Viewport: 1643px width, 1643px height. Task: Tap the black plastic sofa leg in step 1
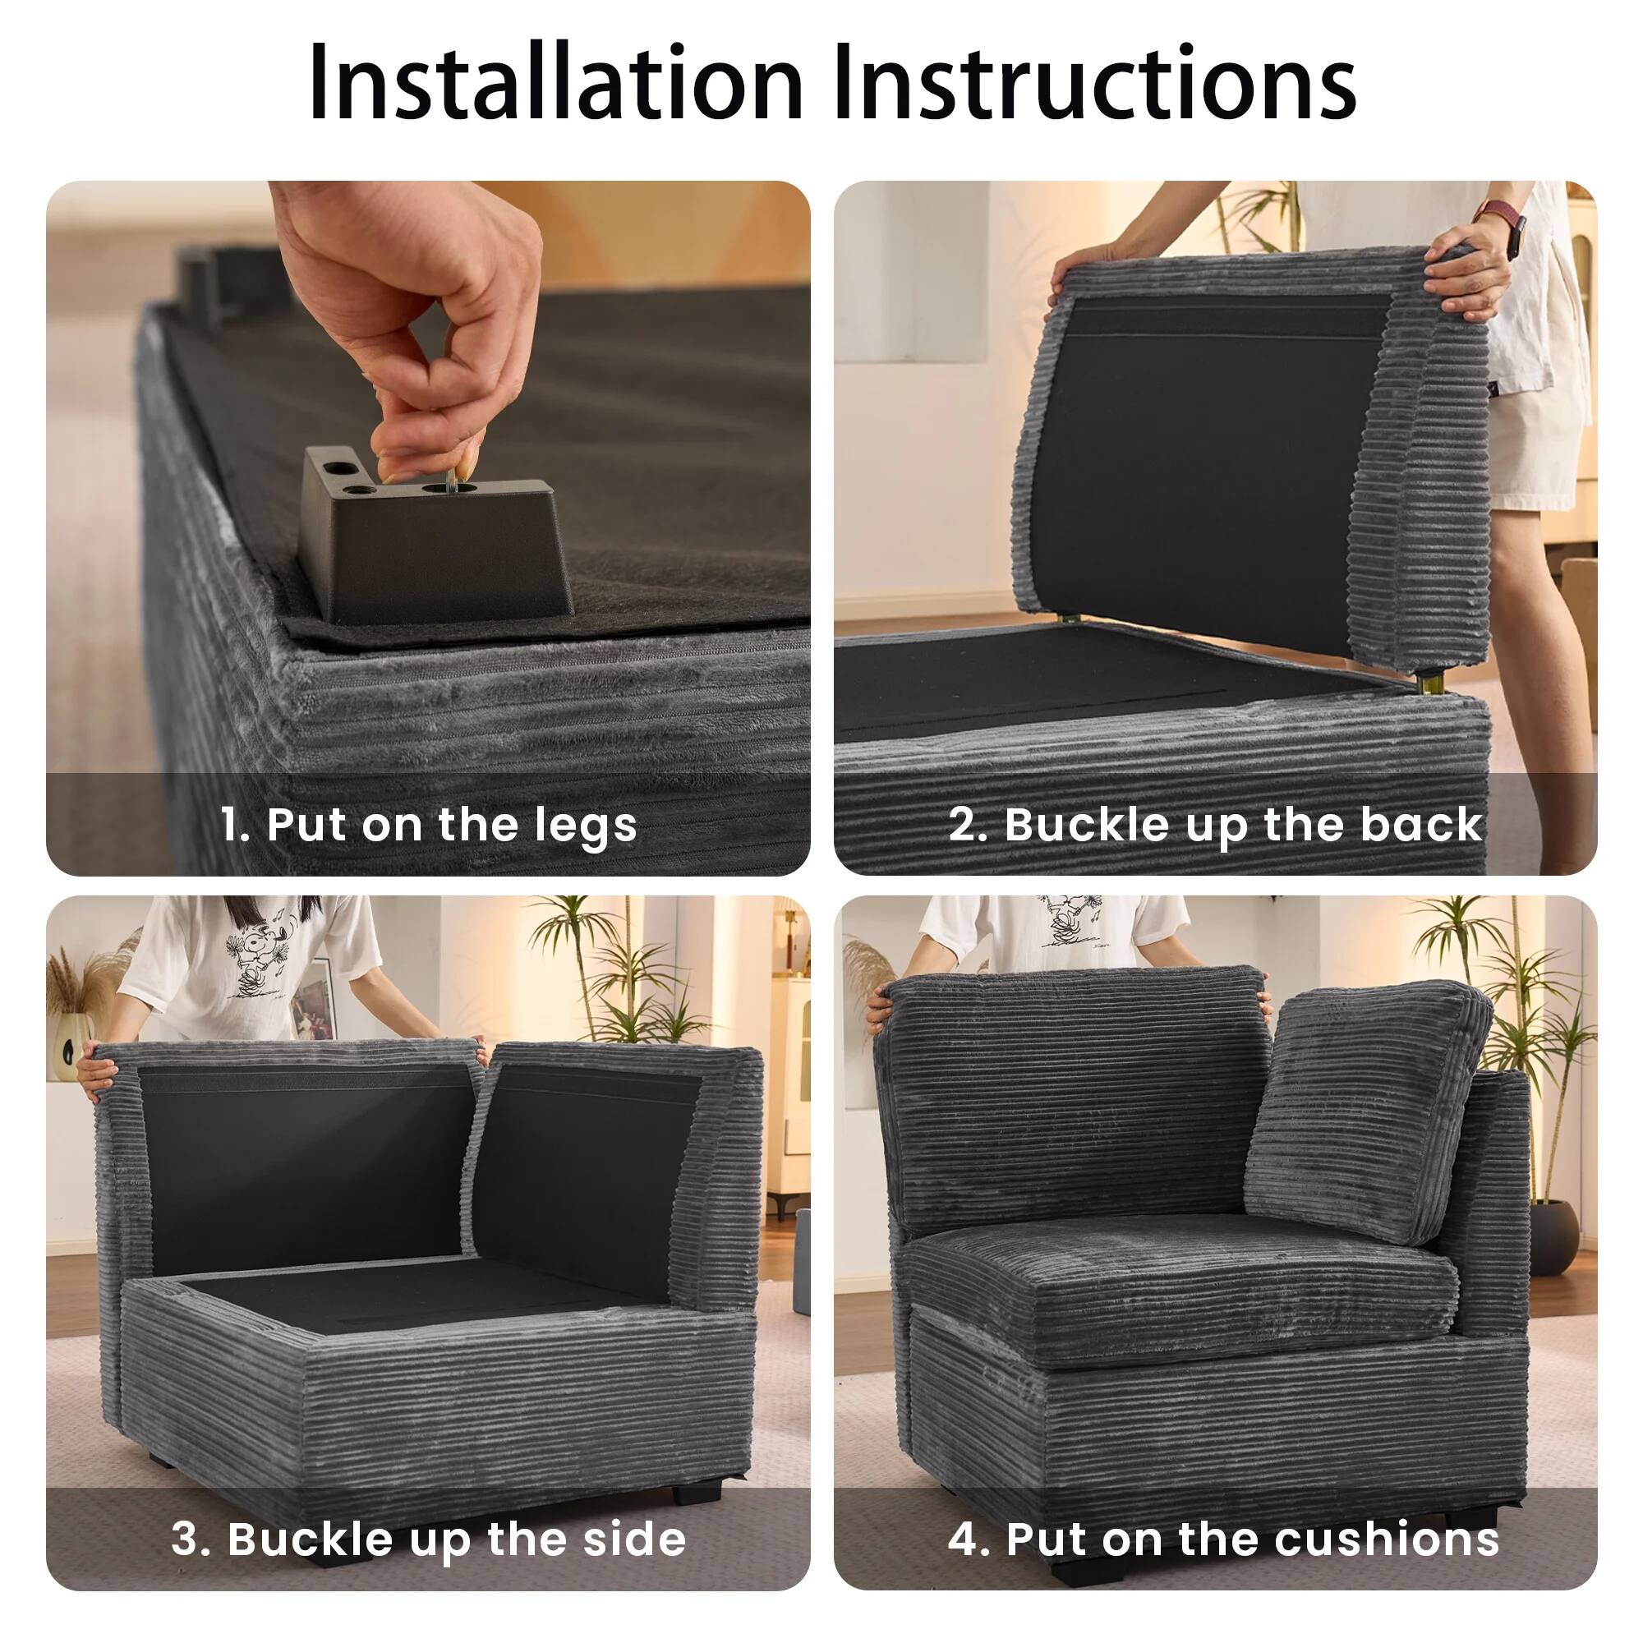click(x=442, y=545)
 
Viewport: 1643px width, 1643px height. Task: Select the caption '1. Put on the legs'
click(x=429, y=824)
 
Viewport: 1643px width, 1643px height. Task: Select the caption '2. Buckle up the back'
click(x=1216, y=824)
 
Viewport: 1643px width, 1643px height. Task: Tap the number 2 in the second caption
click(x=964, y=824)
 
